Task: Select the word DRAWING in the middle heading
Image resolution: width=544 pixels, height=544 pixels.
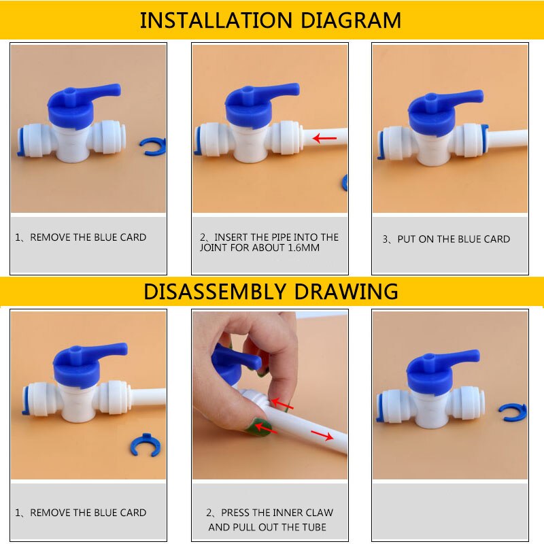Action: (x=354, y=291)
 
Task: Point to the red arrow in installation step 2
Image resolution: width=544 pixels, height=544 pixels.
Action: (x=324, y=139)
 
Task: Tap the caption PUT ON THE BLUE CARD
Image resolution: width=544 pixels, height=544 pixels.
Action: (x=446, y=239)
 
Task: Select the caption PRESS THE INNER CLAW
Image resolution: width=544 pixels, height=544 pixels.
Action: (x=269, y=513)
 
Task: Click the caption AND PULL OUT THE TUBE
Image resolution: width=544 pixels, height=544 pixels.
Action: (x=267, y=527)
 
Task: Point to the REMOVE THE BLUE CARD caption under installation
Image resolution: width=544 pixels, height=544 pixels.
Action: (x=81, y=237)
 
